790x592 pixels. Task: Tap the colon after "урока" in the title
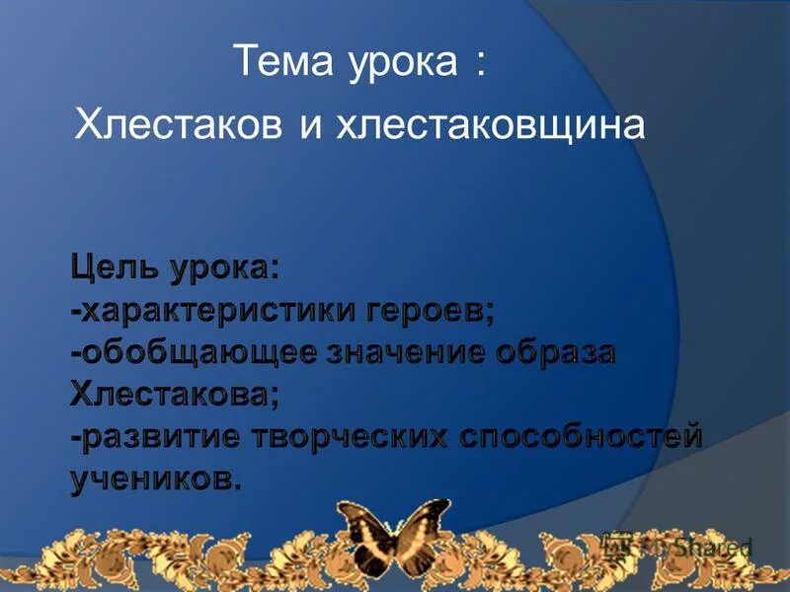click(480, 65)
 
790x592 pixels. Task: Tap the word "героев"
click(434, 313)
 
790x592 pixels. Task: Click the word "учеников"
click(154, 481)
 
